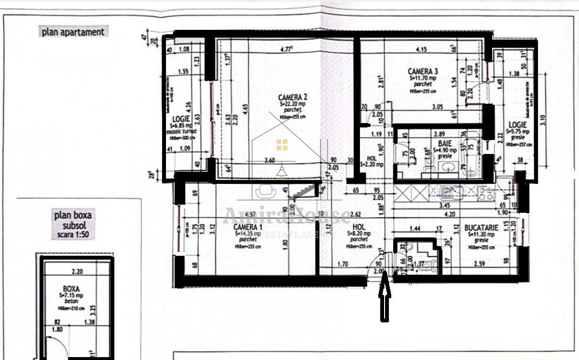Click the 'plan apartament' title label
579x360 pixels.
click(73, 32)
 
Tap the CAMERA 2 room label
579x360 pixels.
click(293, 97)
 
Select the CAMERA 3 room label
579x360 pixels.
click(423, 71)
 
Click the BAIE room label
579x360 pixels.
click(444, 144)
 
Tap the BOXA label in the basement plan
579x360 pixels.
click(71, 285)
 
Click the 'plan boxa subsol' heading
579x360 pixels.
click(73, 221)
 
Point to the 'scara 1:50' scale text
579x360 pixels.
click(73, 235)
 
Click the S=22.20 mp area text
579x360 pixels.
click(293, 104)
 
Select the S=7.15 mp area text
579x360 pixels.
click(71, 292)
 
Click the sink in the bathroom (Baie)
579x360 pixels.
click(448, 167)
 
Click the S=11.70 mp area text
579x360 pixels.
click(423, 77)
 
